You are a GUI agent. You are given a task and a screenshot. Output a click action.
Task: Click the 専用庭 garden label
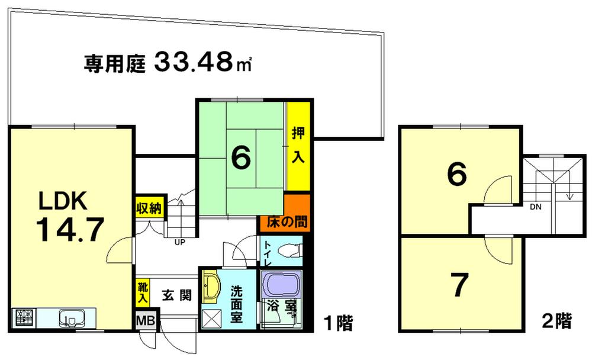pos(114,63)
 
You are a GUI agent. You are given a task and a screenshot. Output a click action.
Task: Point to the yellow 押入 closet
pos(298,146)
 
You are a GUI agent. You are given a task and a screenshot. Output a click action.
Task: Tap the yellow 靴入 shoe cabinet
pos(143,293)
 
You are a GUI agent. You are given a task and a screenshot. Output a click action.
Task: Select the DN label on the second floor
pos(535,207)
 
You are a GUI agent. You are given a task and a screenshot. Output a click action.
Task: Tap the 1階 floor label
pos(338,323)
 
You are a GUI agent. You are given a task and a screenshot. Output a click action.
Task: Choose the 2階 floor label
pos(556,322)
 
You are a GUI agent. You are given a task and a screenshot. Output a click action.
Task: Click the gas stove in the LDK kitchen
pos(23,319)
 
